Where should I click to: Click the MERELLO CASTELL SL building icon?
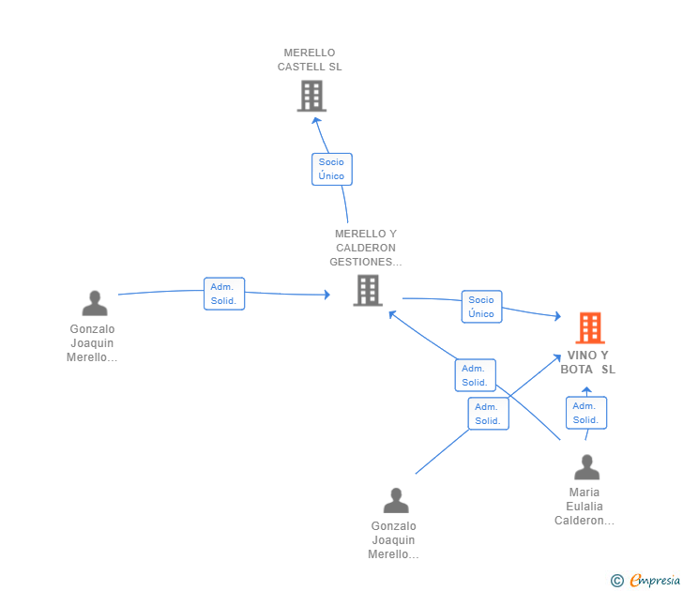pyautogui.click(x=311, y=96)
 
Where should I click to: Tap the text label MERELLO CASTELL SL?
pyautogui.click(x=310, y=60)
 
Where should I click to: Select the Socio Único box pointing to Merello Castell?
pyautogui.click(x=331, y=169)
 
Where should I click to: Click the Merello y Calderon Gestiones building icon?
pyautogui.click(x=367, y=291)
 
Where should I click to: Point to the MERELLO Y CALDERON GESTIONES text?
pyautogui.click(x=366, y=248)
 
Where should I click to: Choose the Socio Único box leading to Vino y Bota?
pyautogui.click(x=481, y=307)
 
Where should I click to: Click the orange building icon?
pyautogui.click(x=589, y=327)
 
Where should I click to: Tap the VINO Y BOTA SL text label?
pyautogui.click(x=588, y=362)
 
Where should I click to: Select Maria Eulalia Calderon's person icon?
pyautogui.click(x=586, y=467)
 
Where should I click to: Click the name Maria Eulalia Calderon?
pyautogui.click(x=584, y=507)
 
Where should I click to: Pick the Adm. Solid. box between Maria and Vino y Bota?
pyautogui.click(x=585, y=413)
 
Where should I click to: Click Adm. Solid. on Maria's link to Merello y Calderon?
pyautogui.click(x=475, y=375)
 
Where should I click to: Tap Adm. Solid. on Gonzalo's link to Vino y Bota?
pyautogui.click(x=488, y=414)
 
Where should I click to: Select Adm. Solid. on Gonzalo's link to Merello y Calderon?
pyautogui.click(x=224, y=294)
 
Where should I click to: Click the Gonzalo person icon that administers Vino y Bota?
pyautogui.click(x=396, y=501)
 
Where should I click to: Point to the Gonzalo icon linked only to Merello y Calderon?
pyautogui.click(x=95, y=304)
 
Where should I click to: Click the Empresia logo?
pyautogui.click(x=655, y=581)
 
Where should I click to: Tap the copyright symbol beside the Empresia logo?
pyautogui.click(x=617, y=581)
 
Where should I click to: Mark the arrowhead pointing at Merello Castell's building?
pyautogui.click(x=317, y=120)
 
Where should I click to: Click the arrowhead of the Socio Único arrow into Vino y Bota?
pyautogui.click(x=557, y=318)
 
